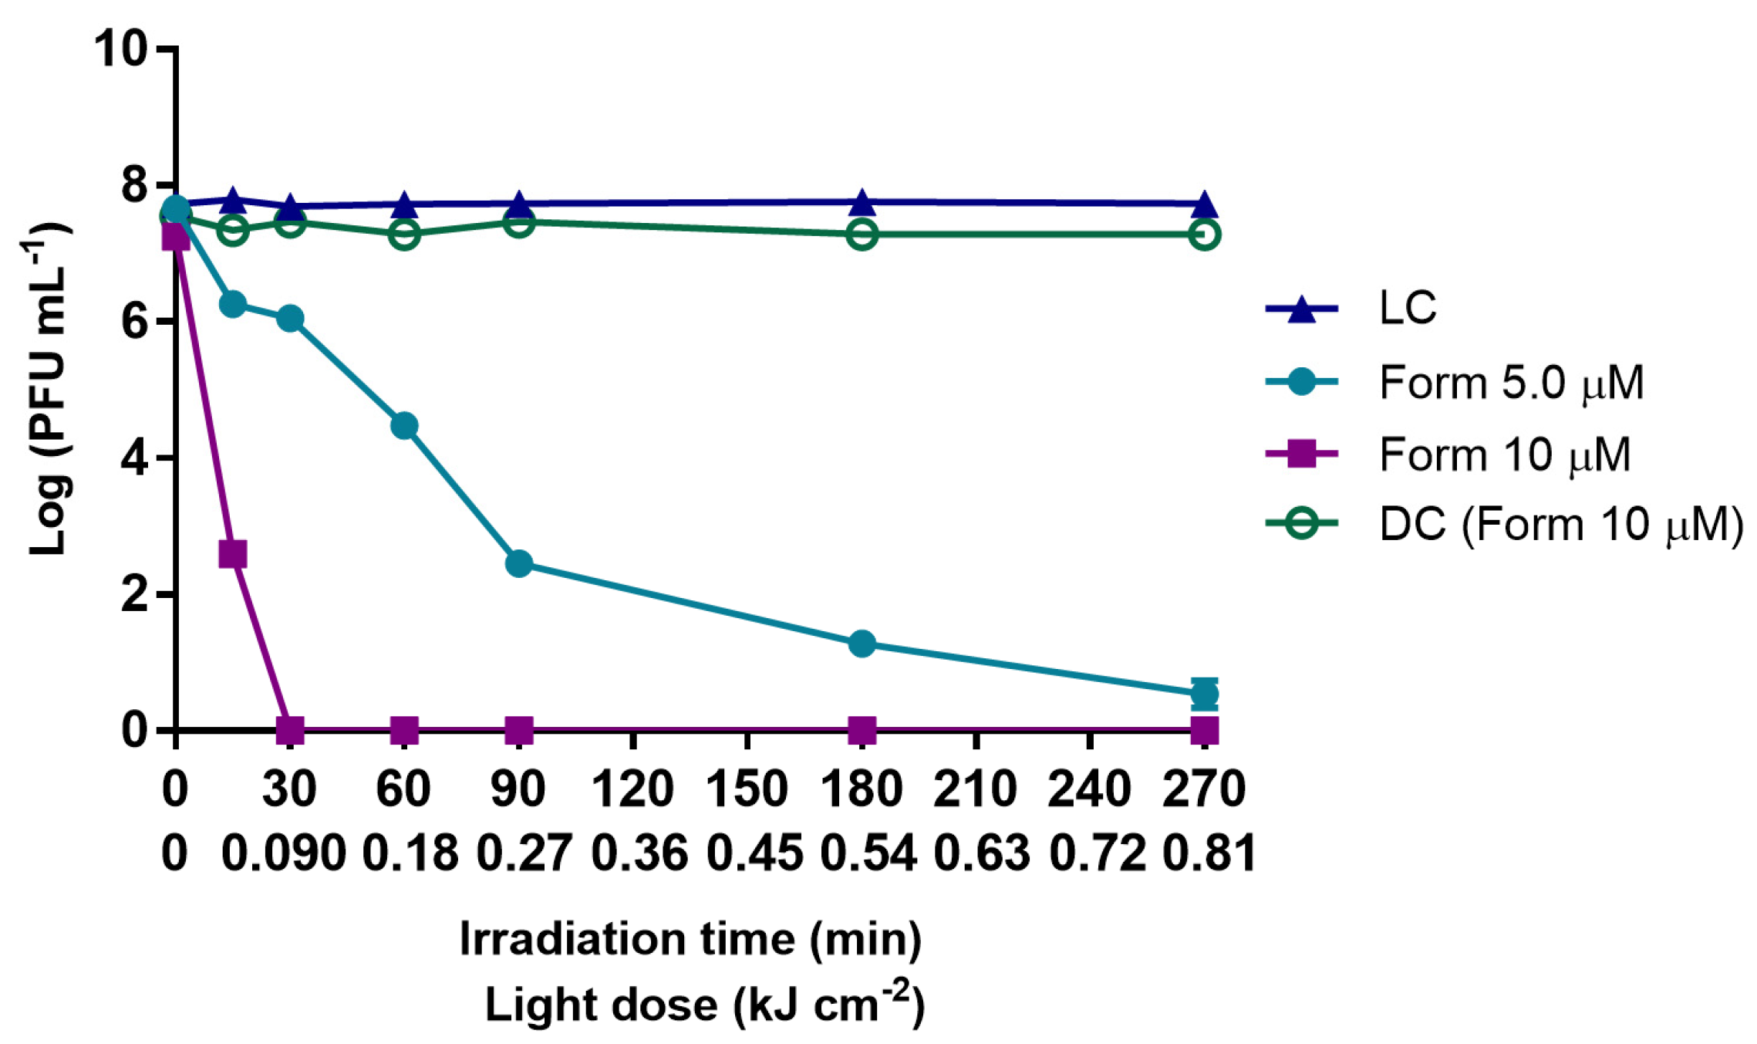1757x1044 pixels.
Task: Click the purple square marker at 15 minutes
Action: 232,554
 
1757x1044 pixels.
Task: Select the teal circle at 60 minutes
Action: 404,426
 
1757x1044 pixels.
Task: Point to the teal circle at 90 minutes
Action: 519,563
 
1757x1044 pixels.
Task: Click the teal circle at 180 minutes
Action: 862,644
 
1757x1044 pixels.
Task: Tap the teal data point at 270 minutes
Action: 1204,694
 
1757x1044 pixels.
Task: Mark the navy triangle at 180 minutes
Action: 862,204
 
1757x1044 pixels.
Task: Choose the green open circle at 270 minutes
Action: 1204,234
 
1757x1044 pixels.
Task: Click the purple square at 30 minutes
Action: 290,728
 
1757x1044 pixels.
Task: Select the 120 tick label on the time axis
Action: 632,789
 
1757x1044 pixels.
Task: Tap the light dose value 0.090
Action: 283,854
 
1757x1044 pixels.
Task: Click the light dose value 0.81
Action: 1209,854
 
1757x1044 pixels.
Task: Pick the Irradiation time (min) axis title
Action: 690,939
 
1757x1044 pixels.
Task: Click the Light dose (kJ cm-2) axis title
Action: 703,1004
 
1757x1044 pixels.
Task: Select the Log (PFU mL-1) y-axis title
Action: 48,387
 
